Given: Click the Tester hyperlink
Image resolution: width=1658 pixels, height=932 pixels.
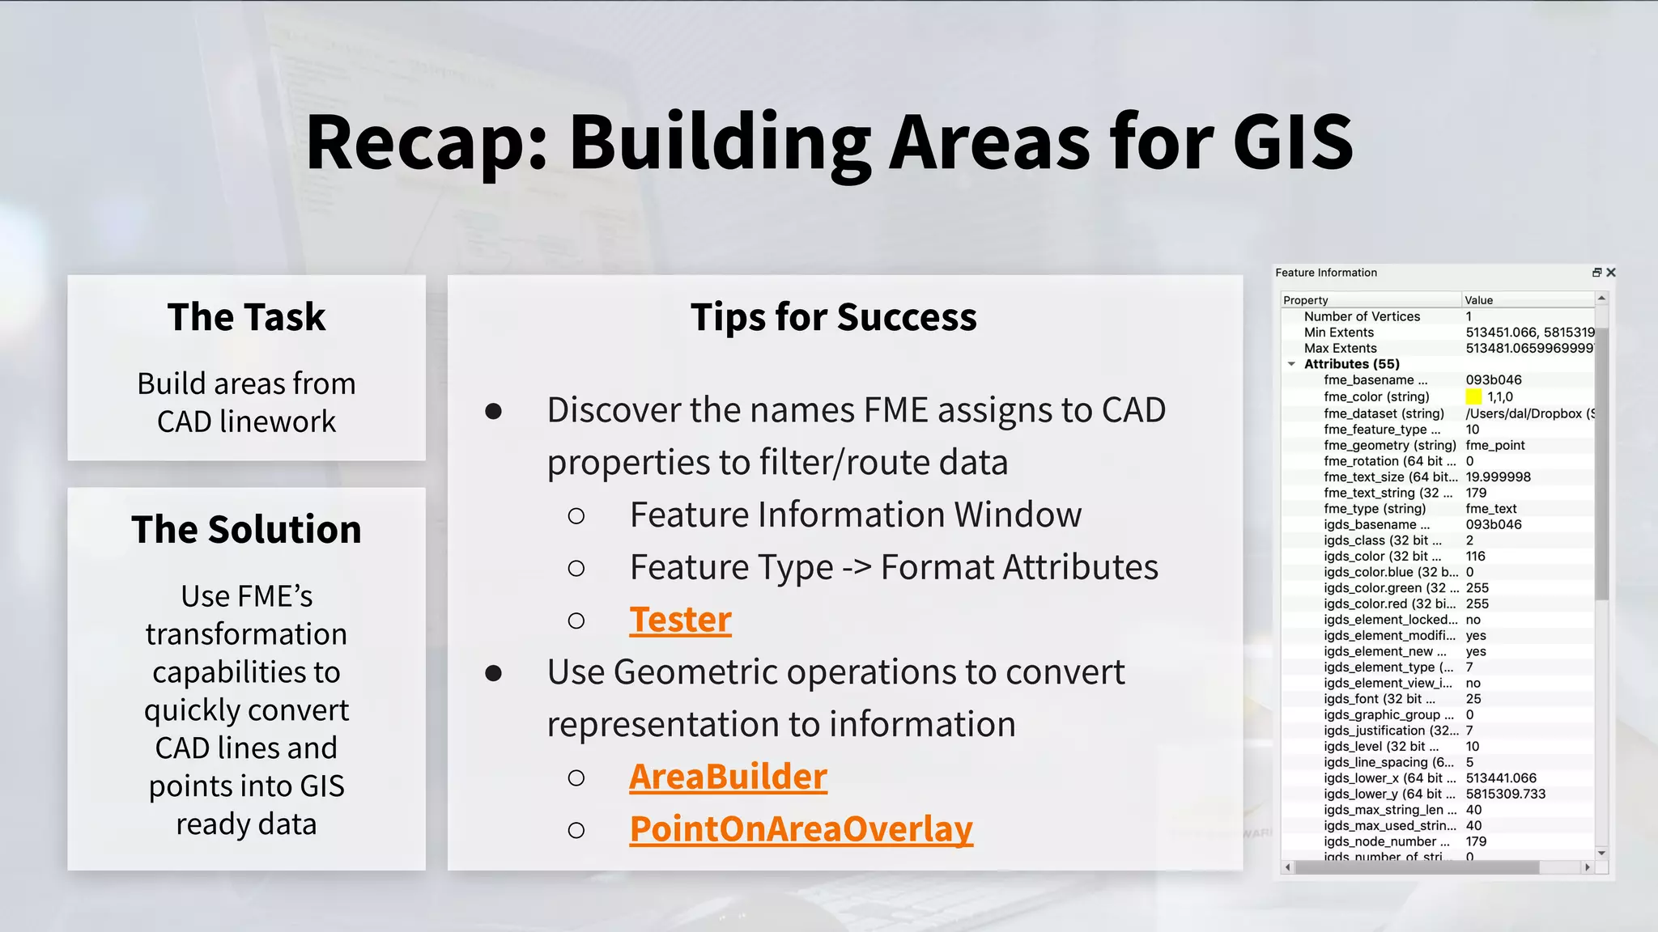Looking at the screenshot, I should point(680,620).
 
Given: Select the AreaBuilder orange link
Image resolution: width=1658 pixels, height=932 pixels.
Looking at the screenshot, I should point(728,777).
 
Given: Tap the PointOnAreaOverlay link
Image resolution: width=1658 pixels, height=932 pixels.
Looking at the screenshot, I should point(801,829).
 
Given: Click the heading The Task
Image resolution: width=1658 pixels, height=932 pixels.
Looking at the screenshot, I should point(246,316).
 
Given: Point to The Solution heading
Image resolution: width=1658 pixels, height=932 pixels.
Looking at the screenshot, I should point(246,529).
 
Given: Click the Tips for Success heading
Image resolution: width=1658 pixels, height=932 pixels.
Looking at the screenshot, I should point(833,316).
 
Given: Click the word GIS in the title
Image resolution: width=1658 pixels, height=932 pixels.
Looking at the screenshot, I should point(1292,142).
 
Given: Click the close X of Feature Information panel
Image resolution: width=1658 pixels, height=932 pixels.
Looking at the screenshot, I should point(1611,273).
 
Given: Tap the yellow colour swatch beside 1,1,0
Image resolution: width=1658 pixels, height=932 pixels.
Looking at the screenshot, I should point(1473,396).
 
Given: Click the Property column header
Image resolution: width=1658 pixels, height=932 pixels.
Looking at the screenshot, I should point(1305,300).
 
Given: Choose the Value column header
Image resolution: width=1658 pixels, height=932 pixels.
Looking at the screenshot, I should point(1478,300).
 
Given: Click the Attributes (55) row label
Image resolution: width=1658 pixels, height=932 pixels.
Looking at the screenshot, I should point(1351,364).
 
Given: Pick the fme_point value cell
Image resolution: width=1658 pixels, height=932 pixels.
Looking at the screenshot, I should point(1494,445).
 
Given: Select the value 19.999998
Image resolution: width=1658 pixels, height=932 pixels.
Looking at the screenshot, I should point(1498,477).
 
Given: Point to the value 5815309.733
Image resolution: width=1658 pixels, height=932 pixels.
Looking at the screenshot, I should point(1505,794).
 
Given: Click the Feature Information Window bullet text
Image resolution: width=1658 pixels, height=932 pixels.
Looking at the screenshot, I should point(855,515).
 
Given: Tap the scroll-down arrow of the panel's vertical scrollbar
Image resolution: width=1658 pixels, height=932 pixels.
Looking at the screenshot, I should point(1601,854).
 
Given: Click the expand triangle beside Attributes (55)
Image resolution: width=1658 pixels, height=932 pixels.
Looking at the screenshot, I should point(1292,364).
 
